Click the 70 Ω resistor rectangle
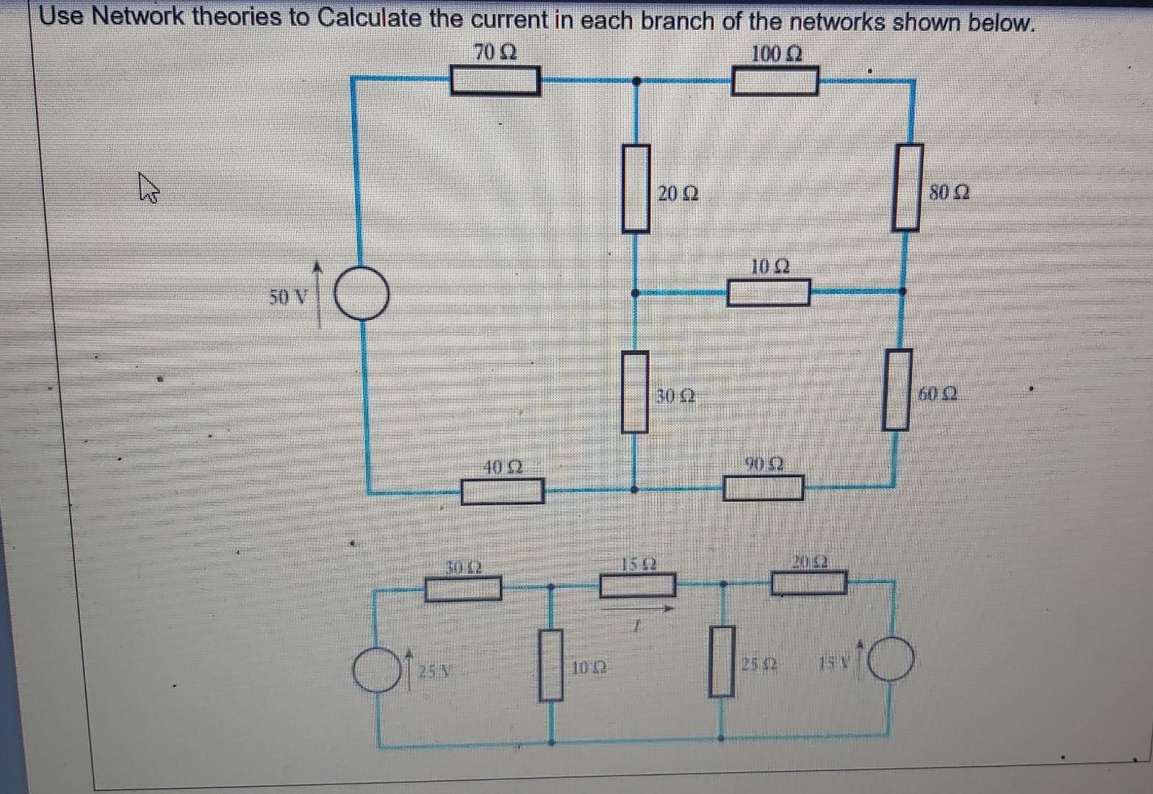coord(495,80)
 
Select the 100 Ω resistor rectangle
coord(775,80)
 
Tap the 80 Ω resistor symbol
coord(908,187)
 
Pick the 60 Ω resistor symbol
coord(897,390)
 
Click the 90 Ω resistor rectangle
coord(763,488)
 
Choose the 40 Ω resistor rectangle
coord(503,491)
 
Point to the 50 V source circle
coord(362,293)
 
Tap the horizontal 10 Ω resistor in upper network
coord(769,293)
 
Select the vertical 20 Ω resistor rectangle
coord(636,188)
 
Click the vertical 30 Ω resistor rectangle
coord(636,392)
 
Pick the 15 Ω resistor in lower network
coord(638,585)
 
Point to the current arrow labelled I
coord(638,609)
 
